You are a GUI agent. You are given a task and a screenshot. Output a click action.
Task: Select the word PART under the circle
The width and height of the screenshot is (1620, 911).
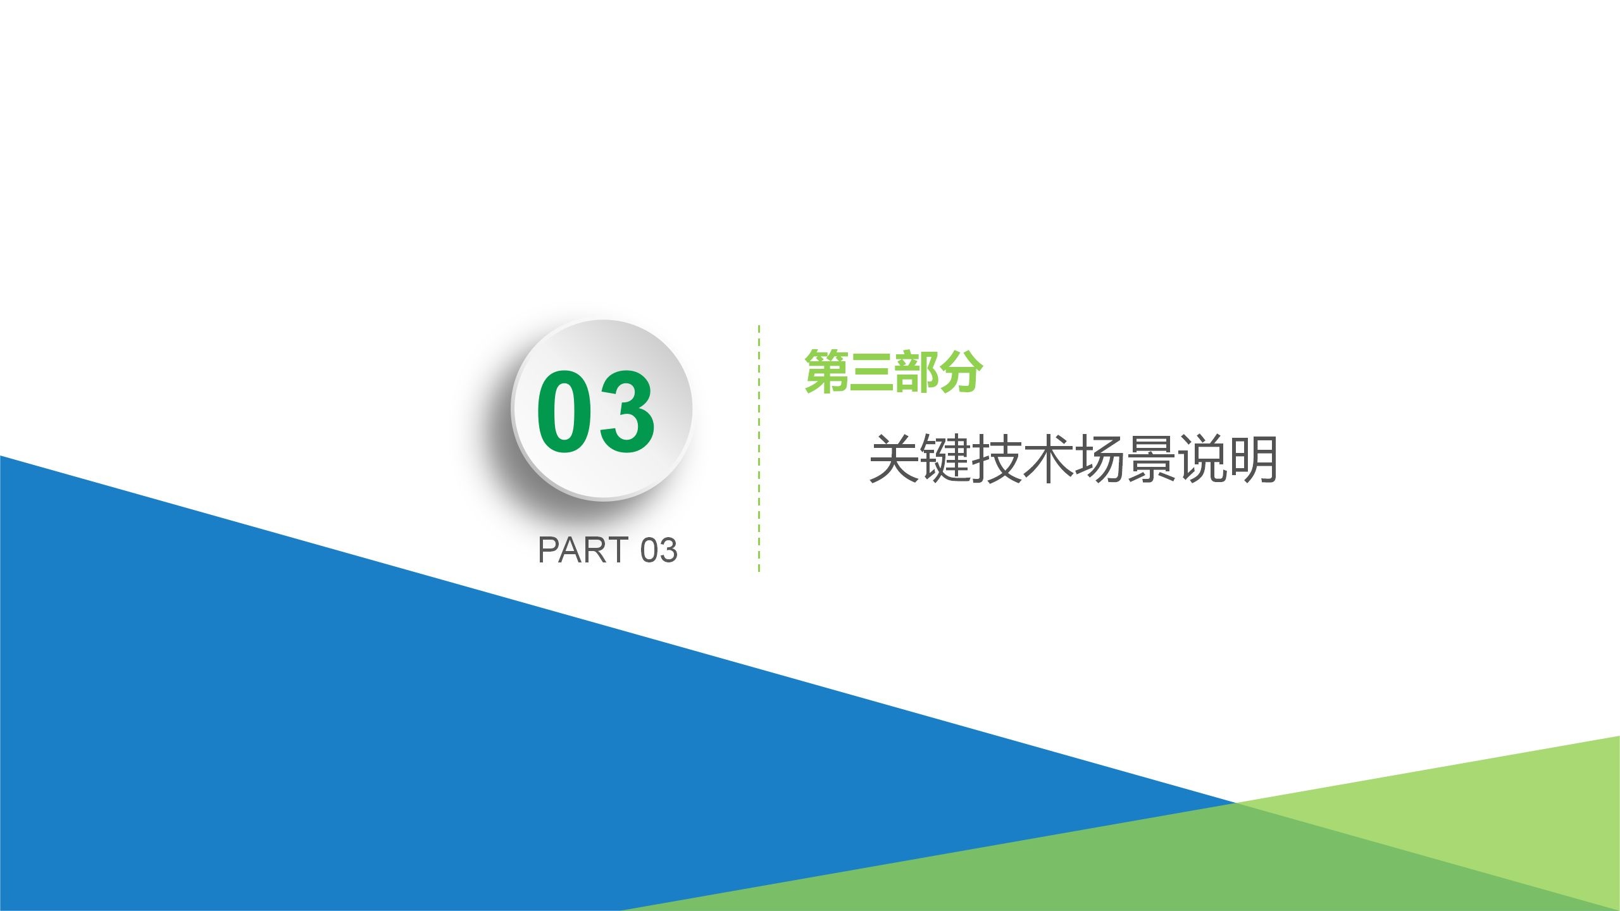pos(582,550)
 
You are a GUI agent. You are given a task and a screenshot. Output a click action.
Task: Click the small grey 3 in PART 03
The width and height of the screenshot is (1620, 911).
pos(668,550)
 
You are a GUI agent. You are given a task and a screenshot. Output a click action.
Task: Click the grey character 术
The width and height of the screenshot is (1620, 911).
pos(1047,459)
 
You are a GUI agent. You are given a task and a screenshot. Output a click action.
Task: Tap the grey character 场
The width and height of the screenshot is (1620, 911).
pos(1099,459)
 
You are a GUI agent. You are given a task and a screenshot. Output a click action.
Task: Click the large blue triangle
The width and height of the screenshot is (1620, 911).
pos(316,728)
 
